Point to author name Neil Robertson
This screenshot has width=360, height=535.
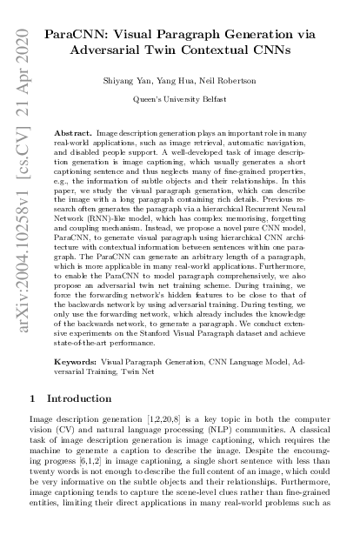[230, 79]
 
